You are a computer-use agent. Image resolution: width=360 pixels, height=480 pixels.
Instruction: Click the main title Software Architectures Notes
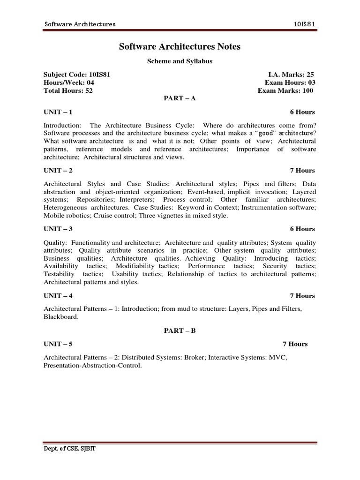tap(180, 47)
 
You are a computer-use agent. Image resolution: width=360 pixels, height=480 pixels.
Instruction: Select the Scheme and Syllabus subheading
tap(180, 61)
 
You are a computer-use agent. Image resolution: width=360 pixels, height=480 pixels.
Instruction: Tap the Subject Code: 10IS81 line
tap(77, 75)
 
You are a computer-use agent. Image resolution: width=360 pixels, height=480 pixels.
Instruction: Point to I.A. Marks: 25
tap(291, 75)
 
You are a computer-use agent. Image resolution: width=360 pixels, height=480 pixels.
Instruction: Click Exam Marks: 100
tap(285, 90)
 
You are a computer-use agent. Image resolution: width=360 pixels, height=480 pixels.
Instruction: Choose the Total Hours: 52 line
tap(68, 90)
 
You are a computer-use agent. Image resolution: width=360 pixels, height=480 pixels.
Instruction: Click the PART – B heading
tap(180, 330)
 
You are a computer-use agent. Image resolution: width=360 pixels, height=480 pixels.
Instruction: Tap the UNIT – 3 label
tap(58, 229)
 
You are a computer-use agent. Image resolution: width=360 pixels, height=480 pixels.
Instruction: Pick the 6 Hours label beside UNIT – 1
tap(302, 112)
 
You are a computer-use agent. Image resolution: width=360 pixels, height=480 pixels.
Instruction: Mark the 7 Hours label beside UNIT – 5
tap(295, 344)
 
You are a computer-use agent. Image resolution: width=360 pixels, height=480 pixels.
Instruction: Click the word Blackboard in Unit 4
tap(60, 316)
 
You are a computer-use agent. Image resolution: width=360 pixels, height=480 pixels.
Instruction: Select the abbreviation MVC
tap(275, 357)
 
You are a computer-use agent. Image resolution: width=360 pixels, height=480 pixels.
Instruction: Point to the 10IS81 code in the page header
tap(305, 24)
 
